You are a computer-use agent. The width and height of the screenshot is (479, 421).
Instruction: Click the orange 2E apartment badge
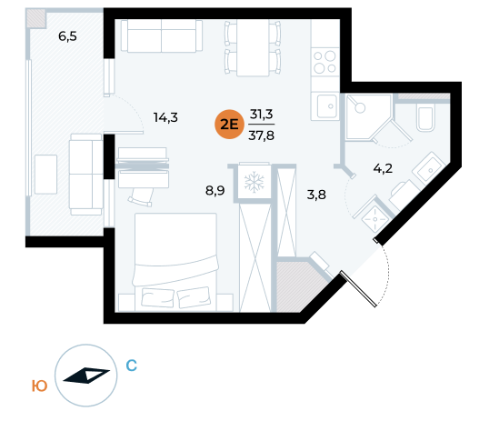(x=229, y=125)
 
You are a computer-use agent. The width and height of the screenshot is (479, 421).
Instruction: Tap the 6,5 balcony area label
(x=67, y=36)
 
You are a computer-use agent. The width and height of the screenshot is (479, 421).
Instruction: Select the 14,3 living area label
(x=165, y=117)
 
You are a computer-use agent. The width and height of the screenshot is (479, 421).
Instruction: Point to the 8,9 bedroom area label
(x=215, y=191)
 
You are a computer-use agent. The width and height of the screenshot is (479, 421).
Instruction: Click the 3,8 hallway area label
(x=316, y=195)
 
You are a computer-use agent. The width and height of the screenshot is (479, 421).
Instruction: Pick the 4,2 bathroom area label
(x=383, y=168)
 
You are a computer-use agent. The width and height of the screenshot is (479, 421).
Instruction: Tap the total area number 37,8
(x=261, y=135)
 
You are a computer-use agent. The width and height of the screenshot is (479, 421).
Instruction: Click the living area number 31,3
(x=262, y=115)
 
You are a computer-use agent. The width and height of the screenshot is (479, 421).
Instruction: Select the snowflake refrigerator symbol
(x=254, y=183)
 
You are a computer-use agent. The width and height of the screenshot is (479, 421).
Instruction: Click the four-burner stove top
(x=325, y=63)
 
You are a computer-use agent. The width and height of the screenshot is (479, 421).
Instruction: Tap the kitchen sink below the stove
(x=327, y=106)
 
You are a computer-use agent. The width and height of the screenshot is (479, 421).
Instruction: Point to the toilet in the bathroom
(x=425, y=118)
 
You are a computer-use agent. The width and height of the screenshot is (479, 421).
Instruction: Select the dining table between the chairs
(x=253, y=47)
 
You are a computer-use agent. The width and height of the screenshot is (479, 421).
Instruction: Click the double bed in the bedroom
(x=175, y=262)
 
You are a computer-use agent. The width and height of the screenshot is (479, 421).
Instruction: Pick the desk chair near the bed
(x=141, y=197)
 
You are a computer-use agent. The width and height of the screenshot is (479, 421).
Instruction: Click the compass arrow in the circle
(x=86, y=376)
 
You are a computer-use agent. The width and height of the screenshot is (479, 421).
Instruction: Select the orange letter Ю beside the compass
(x=40, y=386)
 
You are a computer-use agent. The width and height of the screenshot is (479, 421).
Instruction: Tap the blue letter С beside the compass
(x=132, y=366)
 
